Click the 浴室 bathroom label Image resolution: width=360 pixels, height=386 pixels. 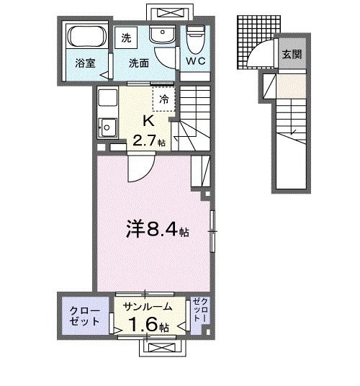pyautogui.click(x=86, y=63)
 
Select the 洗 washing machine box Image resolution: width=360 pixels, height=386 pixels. pyautogui.click(x=127, y=37)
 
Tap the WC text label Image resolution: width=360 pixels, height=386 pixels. pyautogui.click(x=196, y=62)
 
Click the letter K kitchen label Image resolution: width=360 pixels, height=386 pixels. pyautogui.click(x=148, y=120)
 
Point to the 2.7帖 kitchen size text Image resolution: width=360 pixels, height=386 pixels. pyautogui.click(x=148, y=141)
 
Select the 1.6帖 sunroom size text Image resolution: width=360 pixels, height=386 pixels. pyautogui.click(x=149, y=326)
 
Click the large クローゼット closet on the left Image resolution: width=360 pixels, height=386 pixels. pyautogui.click(x=85, y=315)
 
